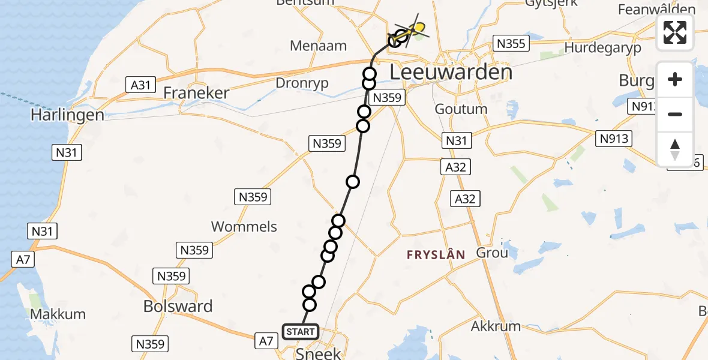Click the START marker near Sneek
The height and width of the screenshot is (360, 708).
(x=300, y=331)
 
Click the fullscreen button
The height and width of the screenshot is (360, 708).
(x=675, y=32)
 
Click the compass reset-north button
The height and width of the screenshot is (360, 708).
(x=675, y=149)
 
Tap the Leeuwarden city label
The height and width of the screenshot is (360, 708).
(x=451, y=73)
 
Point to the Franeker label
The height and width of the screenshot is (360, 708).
(x=196, y=93)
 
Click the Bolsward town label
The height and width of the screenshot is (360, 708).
(x=178, y=306)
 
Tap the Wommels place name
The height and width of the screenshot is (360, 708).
(x=244, y=226)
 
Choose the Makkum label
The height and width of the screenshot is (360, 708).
(x=58, y=314)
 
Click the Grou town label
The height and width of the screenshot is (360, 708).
(x=492, y=253)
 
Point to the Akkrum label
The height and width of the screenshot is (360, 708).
(x=496, y=326)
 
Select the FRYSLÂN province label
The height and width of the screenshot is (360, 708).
(x=436, y=254)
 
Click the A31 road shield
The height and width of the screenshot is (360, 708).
(x=140, y=85)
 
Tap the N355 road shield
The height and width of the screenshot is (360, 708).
(x=510, y=43)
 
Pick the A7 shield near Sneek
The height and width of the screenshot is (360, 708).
(x=268, y=341)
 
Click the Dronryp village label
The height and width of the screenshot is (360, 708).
(x=302, y=83)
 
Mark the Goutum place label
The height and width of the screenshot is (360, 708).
(x=461, y=109)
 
